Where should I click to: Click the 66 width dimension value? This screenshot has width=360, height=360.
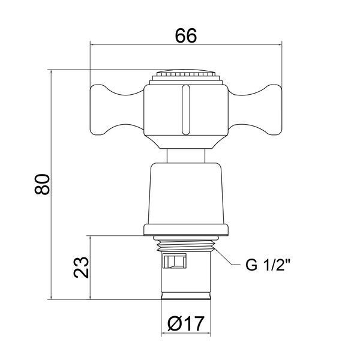(186, 36)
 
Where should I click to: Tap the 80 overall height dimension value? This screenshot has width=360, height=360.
(42, 184)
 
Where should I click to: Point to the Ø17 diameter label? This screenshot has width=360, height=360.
(186, 323)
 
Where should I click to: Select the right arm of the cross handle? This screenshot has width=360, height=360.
(255, 110)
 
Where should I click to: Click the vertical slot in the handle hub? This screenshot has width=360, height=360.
(186, 110)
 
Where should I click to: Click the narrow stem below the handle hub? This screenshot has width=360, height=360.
(186, 156)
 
